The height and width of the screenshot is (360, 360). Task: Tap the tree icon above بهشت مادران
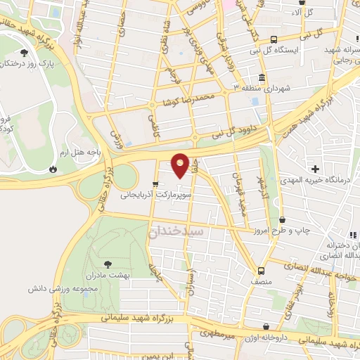[107, 264]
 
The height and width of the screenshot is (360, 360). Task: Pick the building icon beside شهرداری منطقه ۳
[261, 77]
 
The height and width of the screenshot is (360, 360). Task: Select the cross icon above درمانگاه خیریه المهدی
[316, 169]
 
